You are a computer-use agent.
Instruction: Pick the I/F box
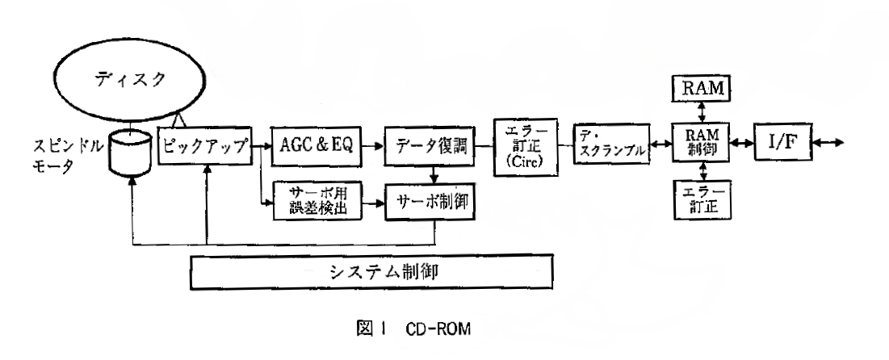pyautogui.click(x=783, y=146)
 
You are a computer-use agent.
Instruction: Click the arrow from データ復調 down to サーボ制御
pyautogui.click(x=434, y=172)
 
